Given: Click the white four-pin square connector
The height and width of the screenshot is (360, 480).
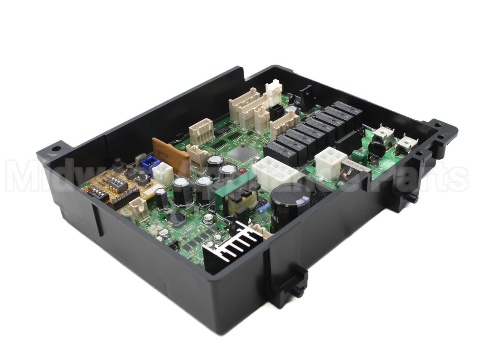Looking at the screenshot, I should tap(331, 162).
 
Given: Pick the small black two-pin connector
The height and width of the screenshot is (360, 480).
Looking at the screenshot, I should tap(276, 111).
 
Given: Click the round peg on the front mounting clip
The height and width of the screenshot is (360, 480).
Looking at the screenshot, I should tap(297, 292).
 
